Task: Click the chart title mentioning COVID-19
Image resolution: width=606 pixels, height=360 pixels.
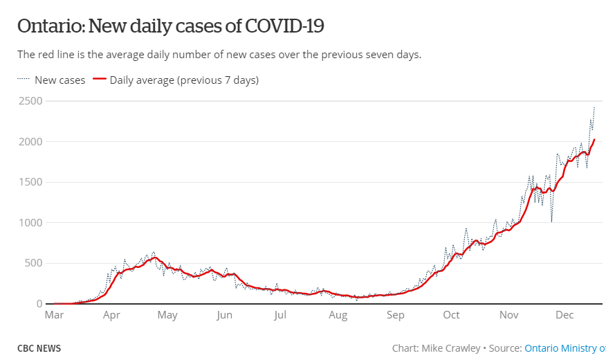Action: point(171,26)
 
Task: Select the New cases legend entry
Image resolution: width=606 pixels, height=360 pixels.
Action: point(52,80)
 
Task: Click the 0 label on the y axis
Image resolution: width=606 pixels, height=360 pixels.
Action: point(39,304)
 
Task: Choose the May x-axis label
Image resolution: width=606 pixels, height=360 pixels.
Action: point(167,316)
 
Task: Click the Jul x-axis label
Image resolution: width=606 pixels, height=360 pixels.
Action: point(279,316)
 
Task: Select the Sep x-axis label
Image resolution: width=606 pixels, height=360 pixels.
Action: point(395,316)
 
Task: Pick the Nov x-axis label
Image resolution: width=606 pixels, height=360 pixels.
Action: point(508,316)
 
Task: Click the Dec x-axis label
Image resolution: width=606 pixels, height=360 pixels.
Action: point(564,316)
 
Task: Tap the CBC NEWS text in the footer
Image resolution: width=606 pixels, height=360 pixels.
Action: point(39,348)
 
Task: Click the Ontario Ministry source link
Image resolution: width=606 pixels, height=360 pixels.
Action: point(564,348)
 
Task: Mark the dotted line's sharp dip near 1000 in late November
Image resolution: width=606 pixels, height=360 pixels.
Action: point(551,221)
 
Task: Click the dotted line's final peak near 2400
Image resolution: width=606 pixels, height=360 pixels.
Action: point(594,107)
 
